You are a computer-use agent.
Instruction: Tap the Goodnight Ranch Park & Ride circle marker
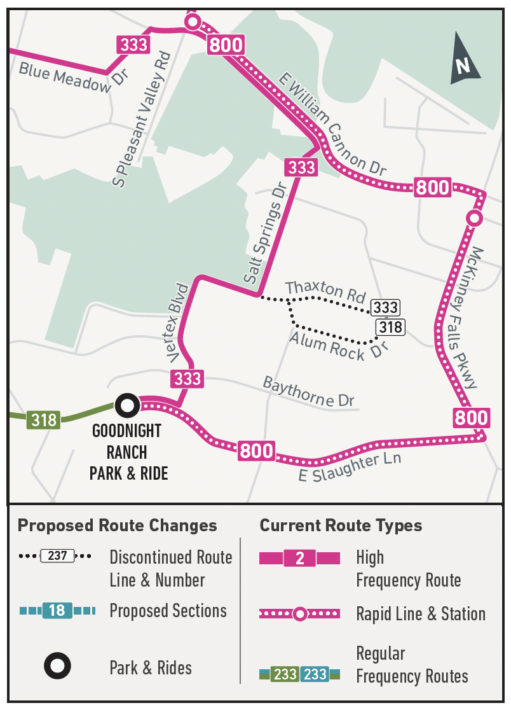127,404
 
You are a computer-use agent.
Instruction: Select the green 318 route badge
44,420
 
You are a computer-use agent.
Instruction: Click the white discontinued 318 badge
390,327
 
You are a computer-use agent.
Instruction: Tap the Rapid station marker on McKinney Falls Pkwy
474,218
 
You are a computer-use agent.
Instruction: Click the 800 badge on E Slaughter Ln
257,451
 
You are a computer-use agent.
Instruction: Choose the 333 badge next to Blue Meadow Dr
133,45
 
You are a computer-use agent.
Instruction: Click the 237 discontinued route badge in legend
57,555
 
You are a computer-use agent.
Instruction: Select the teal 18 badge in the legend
57,611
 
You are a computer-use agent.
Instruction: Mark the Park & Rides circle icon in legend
57,667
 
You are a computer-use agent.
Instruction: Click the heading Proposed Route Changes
117,526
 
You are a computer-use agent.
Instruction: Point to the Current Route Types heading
341,526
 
